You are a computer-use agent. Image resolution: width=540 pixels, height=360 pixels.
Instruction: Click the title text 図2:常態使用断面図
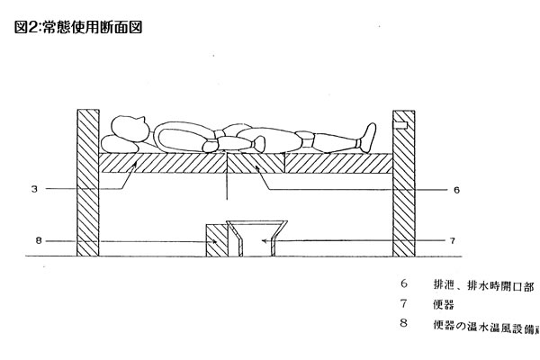click(x=79, y=27)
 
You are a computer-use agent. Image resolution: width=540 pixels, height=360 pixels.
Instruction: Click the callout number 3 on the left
click(x=33, y=190)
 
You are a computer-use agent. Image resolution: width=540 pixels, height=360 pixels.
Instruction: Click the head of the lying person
click(x=130, y=130)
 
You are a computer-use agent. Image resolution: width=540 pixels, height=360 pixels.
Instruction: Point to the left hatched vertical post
click(x=87, y=180)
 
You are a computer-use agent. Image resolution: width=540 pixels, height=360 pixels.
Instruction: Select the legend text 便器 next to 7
click(x=442, y=305)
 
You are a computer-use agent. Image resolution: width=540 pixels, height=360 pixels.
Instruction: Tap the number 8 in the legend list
click(x=403, y=323)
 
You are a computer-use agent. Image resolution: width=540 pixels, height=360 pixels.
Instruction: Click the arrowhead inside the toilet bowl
click(x=261, y=241)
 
